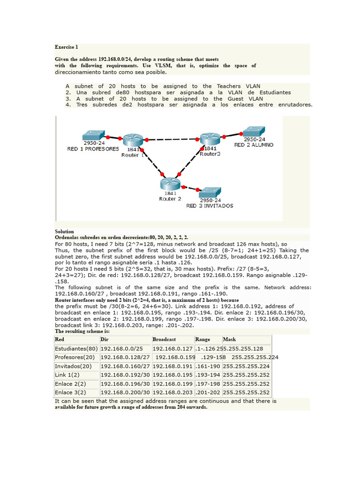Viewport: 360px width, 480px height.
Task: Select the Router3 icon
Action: (x=209, y=139)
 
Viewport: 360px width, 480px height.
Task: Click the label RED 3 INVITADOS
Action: (x=210, y=205)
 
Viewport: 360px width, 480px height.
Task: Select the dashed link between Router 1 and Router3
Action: (x=171, y=139)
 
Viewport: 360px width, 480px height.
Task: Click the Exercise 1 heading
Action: (x=67, y=47)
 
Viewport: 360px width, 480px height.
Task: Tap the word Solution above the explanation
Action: (x=64, y=232)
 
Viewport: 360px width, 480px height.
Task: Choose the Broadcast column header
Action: (x=164, y=339)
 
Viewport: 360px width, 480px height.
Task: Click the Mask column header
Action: (x=229, y=339)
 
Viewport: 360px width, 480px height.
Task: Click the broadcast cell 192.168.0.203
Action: (x=172, y=392)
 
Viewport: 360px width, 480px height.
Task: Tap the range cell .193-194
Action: (x=208, y=375)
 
